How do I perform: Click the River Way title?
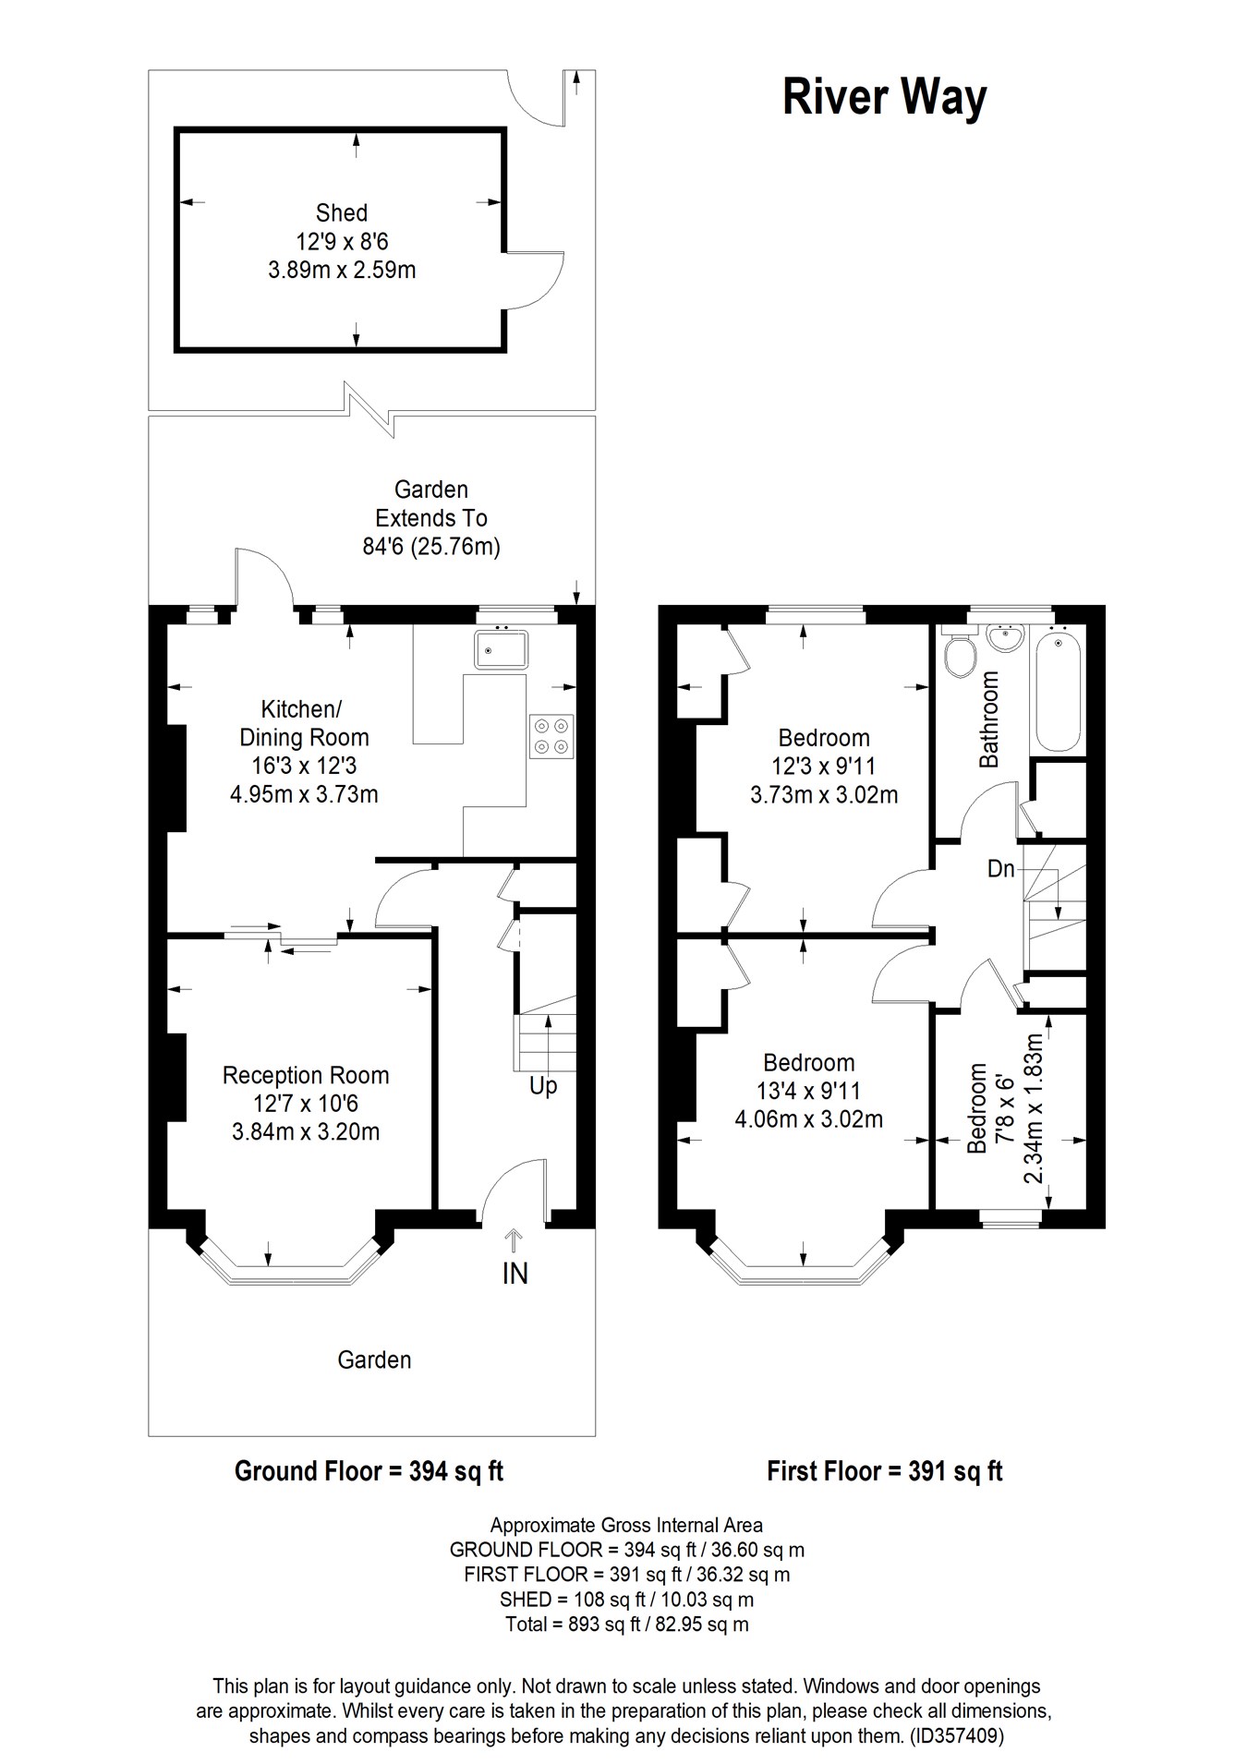(884, 97)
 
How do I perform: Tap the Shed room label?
(341, 213)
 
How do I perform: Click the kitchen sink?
(501, 649)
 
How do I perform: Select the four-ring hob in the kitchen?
(551, 736)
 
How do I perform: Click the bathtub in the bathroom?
(1058, 690)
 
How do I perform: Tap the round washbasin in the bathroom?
(1005, 638)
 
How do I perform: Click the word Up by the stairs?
(543, 1085)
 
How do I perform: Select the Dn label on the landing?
(1000, 868)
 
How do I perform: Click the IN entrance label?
(515, 1274)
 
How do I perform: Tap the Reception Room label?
(306, 1075)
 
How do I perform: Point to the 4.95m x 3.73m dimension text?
(304, 793)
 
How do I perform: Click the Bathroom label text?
(989, 719)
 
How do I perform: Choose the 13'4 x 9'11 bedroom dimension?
(808, 1091)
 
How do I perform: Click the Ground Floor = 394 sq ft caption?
(369, 1470)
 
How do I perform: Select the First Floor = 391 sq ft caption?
(884, 1470)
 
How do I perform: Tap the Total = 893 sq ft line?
(626, 1624)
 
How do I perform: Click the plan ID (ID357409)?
(956, 1735)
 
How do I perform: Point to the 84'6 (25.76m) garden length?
(431, 546)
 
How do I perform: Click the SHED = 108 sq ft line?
(626, 1599)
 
